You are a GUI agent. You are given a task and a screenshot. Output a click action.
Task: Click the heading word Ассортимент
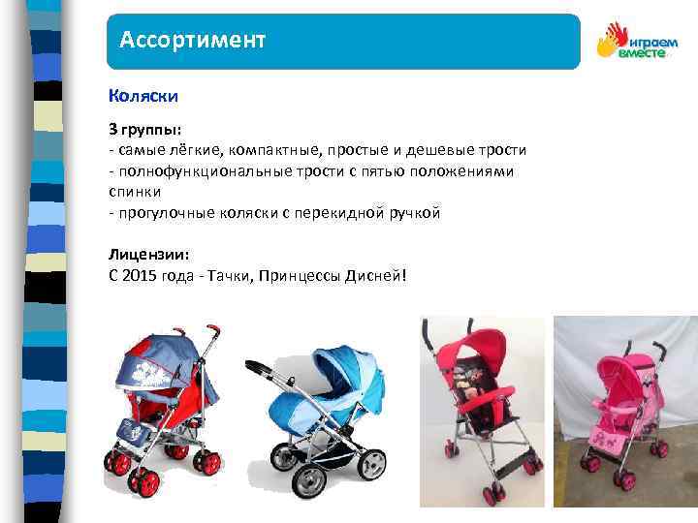tap(192, 41)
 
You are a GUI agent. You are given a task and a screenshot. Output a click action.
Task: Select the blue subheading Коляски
tap(143, 97)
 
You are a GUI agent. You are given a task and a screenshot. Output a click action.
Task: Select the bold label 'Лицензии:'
tap(149, 254)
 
